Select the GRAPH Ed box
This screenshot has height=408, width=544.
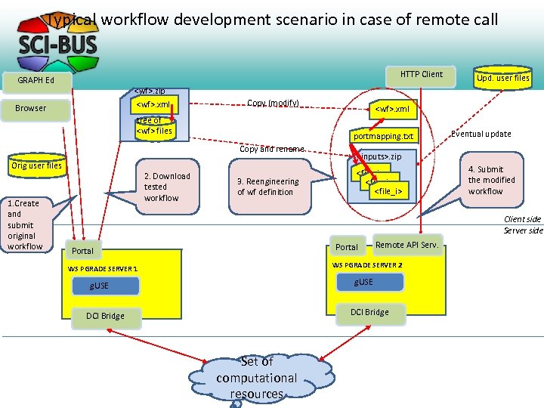[36, 80]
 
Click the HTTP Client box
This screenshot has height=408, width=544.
[421, 74]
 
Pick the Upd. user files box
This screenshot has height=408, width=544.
[502, 77]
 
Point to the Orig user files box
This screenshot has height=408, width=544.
[35, 165]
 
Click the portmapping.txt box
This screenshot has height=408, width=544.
[383, 137]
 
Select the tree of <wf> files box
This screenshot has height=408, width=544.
[153, 126]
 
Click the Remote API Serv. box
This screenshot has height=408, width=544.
[406, 245]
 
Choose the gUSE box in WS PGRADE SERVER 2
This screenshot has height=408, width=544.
[364, 282]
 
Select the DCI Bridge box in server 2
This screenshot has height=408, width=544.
[369, 311]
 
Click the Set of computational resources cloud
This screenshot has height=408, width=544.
[256, 378]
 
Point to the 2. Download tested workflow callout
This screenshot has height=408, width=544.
[166, 187]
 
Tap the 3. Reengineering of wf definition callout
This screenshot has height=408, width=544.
[267, 187]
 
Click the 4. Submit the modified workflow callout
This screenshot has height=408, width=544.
[491, 181]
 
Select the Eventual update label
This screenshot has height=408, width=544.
[481, 134]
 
